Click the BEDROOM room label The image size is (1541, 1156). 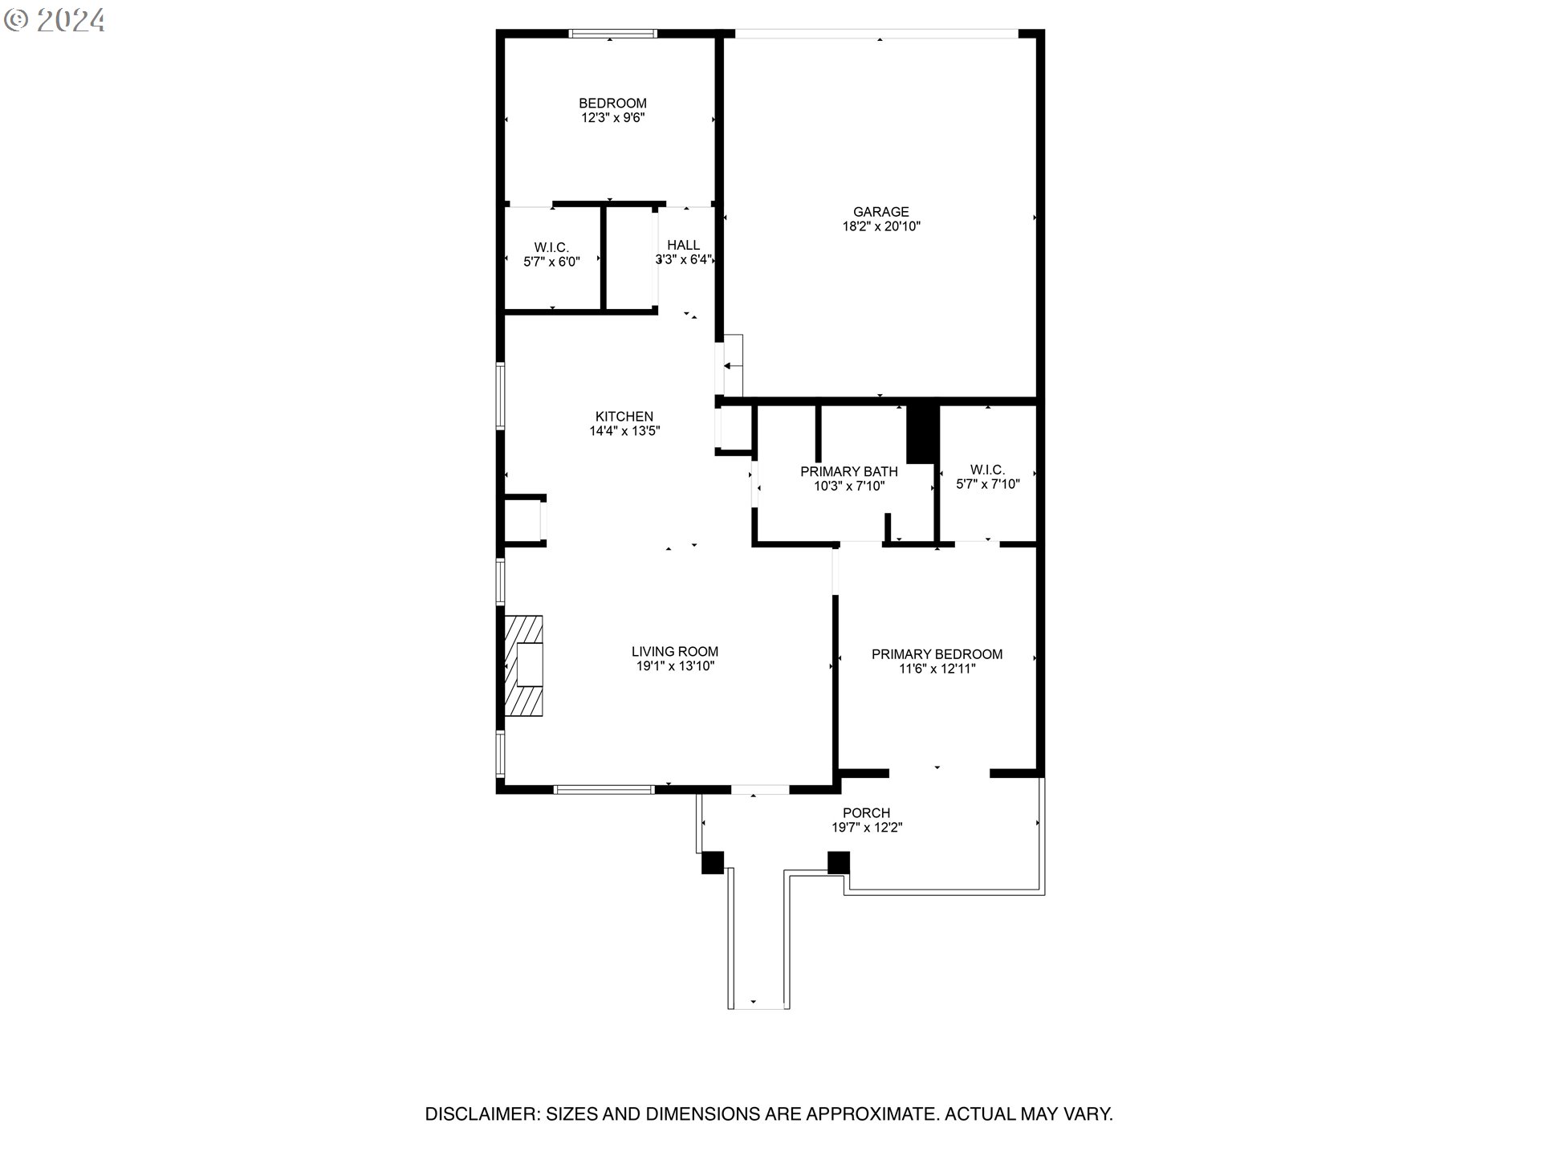(612, 104)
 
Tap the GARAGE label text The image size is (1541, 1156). (880, 212)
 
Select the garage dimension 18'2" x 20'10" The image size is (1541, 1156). (880, 226)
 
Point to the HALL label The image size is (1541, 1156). (684, 245)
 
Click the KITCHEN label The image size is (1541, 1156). (624, 417)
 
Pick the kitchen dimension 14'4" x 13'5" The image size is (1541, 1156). (624, 431)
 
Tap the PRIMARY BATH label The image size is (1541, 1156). (849, 471)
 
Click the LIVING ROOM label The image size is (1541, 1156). (675, 652)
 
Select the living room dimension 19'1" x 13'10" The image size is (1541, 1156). (675, 666)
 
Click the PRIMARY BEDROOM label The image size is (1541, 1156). (937, 654)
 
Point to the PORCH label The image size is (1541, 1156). (867, 813)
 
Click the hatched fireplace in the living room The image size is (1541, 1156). (523, 666)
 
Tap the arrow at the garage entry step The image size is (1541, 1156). (732, 366)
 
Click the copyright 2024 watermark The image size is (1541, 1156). (55, 20)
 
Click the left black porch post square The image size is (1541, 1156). (713, 862)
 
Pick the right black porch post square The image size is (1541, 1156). (839, 862)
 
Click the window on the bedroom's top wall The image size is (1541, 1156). (613, 34)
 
